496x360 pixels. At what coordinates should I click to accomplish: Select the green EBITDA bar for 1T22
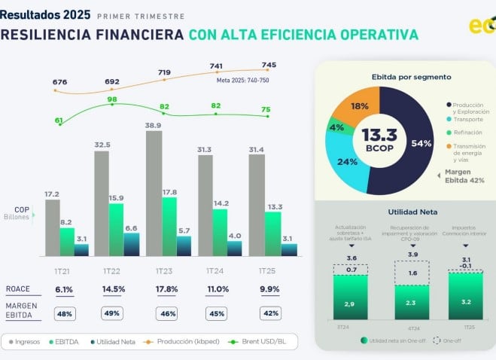click(x=117, y=230)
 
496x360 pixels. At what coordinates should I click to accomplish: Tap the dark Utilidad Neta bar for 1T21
click(x=81, y=250)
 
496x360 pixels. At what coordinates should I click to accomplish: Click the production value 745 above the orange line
click(x=269, y=65)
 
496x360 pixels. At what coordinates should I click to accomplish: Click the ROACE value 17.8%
click(x=165, y=289)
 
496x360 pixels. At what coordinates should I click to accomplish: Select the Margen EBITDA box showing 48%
click(x=63, y=313)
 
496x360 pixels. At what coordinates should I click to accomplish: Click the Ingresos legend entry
click(x=29, y=342)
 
